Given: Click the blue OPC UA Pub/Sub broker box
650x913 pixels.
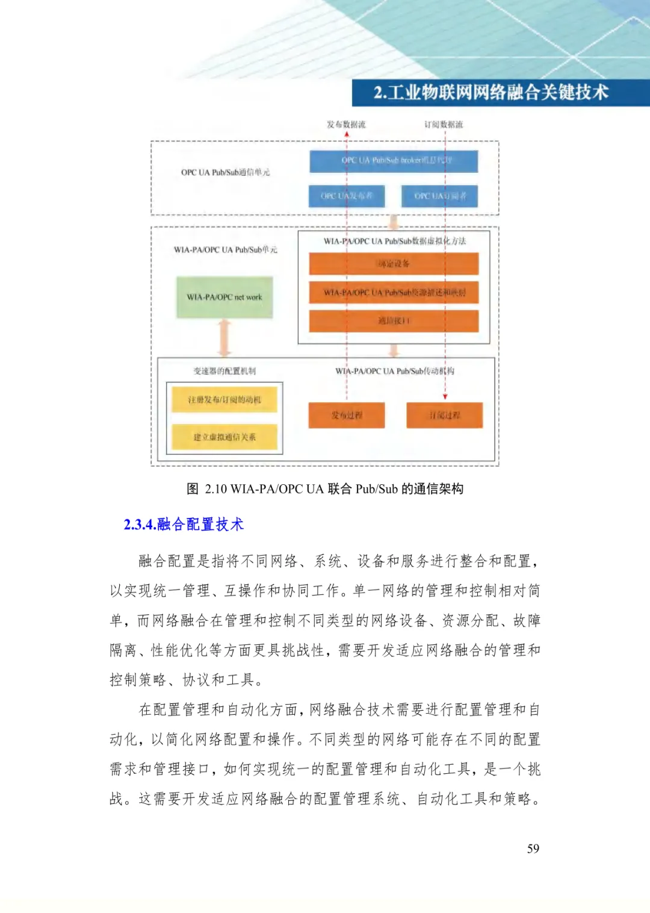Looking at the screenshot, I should [x=394, y=161].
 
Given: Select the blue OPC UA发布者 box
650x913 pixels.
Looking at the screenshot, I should [x=347, y=196].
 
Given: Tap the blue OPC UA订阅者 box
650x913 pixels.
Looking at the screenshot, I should [x=439, y=196].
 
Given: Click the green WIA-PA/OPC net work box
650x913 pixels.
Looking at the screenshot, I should [x=224, y=297].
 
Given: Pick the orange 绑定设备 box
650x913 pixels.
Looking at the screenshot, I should [x=394, y=264].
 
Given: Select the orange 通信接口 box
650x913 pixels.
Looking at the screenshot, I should [x=394, y=321].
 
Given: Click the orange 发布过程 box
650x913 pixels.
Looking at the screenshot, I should [x=347, y=415].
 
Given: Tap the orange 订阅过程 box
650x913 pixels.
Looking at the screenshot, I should [x=444, y=415].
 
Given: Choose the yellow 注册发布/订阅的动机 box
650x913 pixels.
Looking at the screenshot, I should [x=224, y=400].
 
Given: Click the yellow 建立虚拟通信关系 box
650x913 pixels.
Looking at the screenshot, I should [x=224, y=437].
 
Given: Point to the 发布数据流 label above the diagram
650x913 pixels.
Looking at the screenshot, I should [x=346, y=125].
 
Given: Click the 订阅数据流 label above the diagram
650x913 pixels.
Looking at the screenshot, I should [x=444, y=125].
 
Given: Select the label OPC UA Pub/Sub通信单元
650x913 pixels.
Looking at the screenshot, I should [x=225, y=172].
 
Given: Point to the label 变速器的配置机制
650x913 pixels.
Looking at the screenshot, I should [x=224, y=371].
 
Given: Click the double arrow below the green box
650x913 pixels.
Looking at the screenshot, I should [x=224, y=338].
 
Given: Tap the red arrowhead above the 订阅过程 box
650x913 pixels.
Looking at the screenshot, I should [x=445, y=396].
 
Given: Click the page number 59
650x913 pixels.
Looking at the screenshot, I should [x=533, y=849].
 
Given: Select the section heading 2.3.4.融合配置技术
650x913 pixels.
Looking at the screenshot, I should [x=184, y=525].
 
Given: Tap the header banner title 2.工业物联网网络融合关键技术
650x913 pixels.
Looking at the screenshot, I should [x=491, y=93].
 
